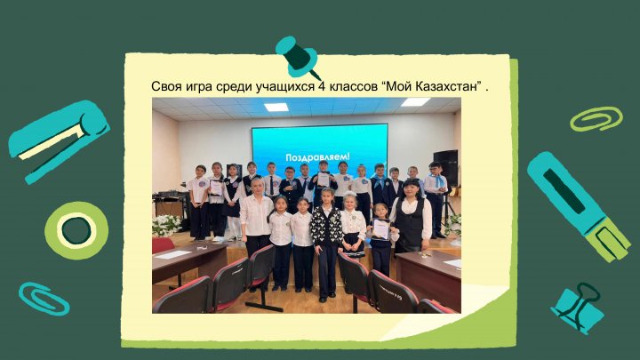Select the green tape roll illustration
pos(76,230)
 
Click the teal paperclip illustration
pos(44,299)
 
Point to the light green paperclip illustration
pos(596,119)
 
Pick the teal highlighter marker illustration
pos(578,205)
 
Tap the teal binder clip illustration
pos(578,308)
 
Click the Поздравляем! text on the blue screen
pos(317,157)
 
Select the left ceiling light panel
pos(276,107)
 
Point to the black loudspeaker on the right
pos(445,168)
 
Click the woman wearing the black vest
pos(412,216)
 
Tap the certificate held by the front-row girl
pos(380,228)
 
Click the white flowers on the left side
pos(166,225)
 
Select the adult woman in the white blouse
pos(256,219)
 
